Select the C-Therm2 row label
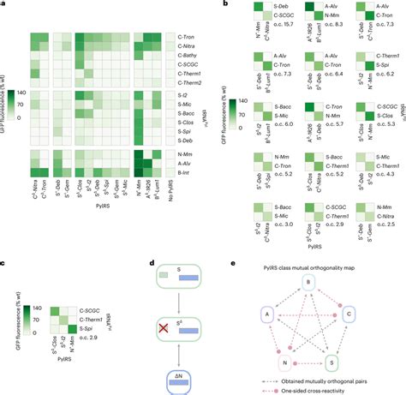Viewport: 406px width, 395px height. tap(183, 82)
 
